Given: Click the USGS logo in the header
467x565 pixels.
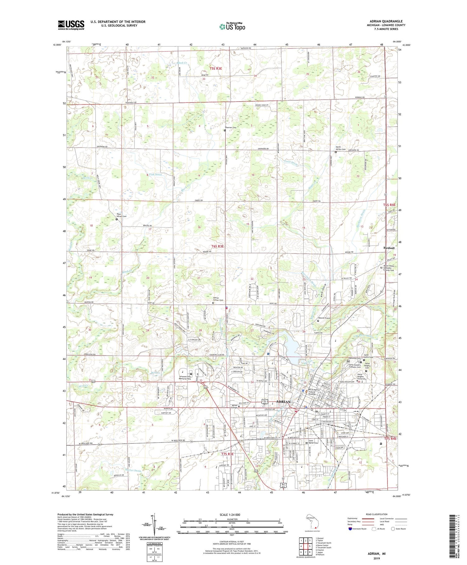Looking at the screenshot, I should (x=71, y=25).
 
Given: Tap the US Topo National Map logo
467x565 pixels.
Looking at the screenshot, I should (x=232, y=26).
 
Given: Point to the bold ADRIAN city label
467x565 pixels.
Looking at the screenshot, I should (x=283, y=402).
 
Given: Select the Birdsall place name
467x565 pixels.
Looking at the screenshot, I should (x=389, y=248).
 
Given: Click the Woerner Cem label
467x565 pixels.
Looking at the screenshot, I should (x=231, y=127).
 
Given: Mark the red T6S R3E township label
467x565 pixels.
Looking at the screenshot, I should (x=217, y=247).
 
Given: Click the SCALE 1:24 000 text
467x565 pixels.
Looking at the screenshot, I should (x=232, y=515).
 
